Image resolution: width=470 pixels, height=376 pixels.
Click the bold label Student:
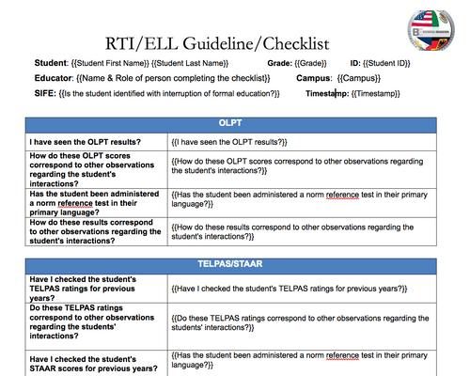click(53, 63)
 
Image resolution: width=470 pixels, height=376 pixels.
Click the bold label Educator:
click(55, 78)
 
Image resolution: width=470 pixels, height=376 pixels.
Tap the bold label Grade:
click(280, 63)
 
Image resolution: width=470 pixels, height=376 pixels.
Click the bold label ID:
click(355, 63)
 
